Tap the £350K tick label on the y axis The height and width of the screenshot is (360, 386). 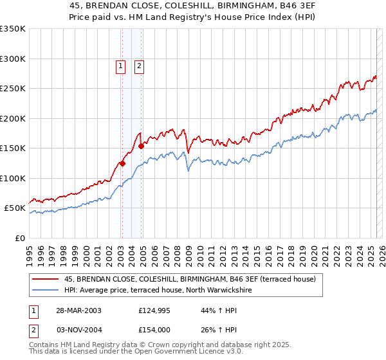click(13, 29)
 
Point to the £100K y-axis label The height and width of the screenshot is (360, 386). click(13, 178)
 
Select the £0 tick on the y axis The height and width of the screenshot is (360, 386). click(21, 238)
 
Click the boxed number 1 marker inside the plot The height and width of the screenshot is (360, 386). click(120, 64)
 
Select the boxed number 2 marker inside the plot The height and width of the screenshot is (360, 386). click(139, 64)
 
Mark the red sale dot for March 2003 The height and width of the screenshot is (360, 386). click(122, 163)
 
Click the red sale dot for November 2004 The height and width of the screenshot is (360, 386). click(141, 146)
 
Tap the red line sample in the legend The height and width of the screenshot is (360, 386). click(46, 279)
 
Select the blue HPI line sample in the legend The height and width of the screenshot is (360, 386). click(46, 291)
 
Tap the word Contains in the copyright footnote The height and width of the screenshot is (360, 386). click(46, 345)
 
